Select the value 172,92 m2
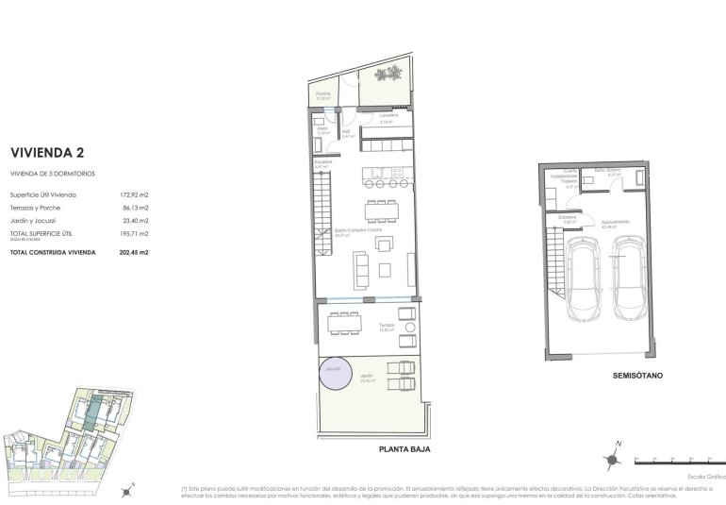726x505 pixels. [x=135, y=194]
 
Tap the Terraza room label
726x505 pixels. [x=386, y=326]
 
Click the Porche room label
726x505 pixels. [x=322, y=93]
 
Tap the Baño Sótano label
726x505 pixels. [x=605, y=171]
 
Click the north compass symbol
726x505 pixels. [x=614, y=457]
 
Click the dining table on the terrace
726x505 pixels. [x=344, y=321]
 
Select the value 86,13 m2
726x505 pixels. [x=135, y=207]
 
